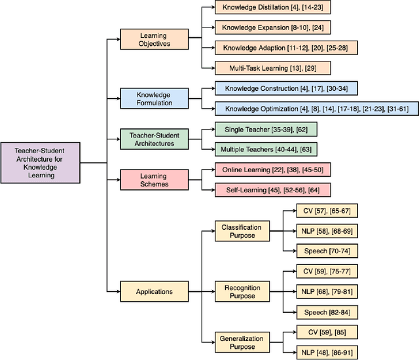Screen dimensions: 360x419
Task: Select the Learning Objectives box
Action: [x=153, y=39]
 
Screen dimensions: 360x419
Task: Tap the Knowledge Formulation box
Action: [x=153, y=98]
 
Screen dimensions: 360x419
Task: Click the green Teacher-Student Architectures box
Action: [x=153, y=139]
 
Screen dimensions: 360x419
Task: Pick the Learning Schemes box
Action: [x=153, y=180]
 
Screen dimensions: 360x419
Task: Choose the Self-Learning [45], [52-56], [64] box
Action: [x=274, y=190]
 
